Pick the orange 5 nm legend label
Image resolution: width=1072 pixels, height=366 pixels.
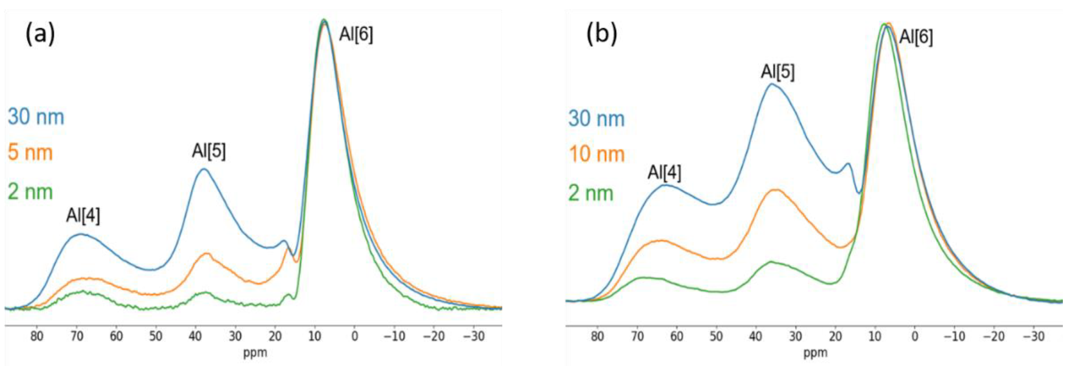tap(30, 152)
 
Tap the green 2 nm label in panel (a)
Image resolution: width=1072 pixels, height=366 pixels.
tap(30, 192)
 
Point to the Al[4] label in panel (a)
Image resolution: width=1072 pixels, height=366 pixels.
tap(83, 216)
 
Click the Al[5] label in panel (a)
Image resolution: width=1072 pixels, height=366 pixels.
tap(209, 151)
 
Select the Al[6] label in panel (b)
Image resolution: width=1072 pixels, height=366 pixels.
tap(916, 38)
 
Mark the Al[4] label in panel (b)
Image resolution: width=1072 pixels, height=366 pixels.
tap(664, 173)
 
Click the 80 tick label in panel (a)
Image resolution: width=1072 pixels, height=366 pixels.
tap(37, 336)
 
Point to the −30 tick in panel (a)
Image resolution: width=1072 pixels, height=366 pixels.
tap(473, 336)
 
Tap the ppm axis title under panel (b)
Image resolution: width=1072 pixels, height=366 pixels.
tap(815, 353)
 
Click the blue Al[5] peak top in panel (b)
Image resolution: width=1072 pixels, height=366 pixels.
tap(771, 84)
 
